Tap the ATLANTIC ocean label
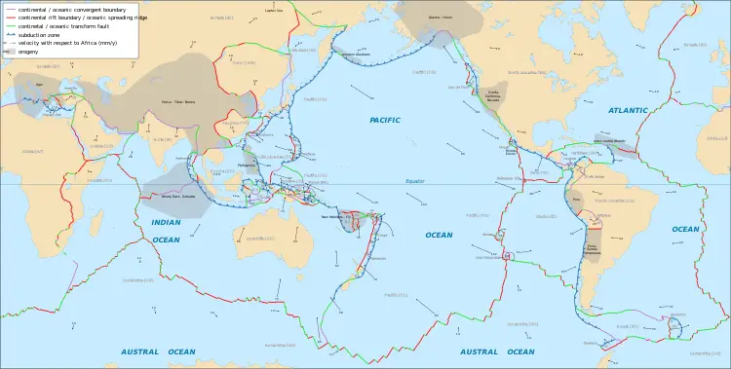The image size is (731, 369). tap(628, 110)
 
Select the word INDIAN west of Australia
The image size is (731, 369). tap(166, 223)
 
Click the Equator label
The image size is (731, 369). tap(416, 181)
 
